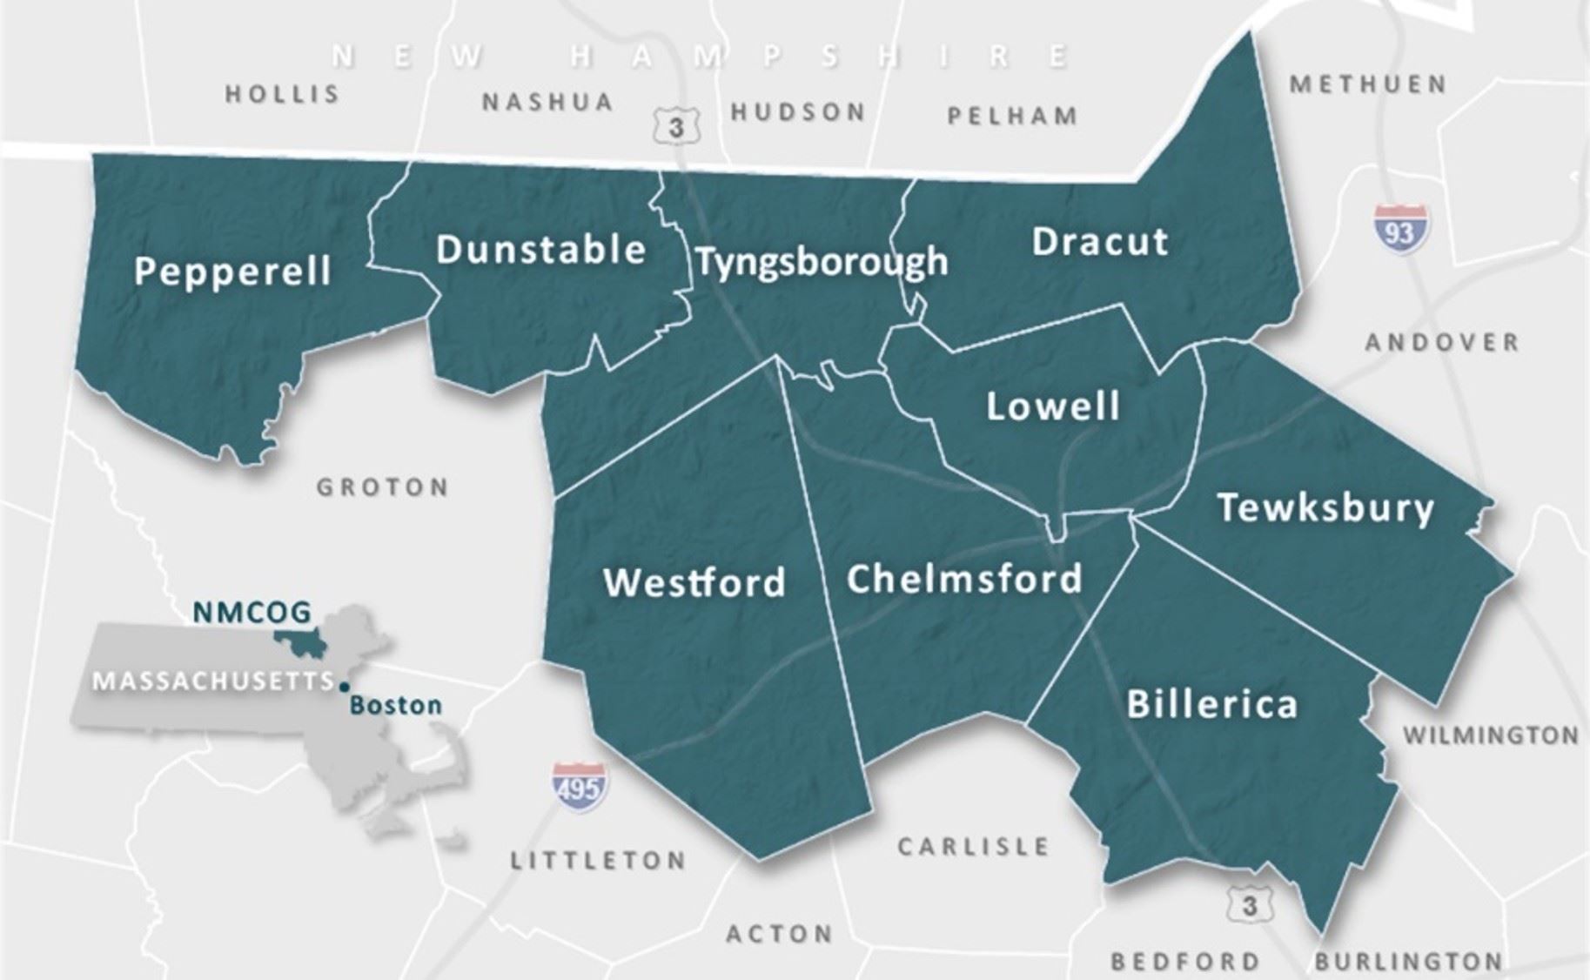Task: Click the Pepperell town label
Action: [x=232, y=271]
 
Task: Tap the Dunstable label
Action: [x=540, y=250]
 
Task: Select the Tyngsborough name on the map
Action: [x=822, y=262]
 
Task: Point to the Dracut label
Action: [x=1099, y=241]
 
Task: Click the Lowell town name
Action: [x=1052, y=406]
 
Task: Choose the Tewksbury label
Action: [x=1325, y=507]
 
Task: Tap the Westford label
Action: [x=694, y=582]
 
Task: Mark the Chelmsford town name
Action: [x=964, y=579]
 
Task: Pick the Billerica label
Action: [x=1211, y=704]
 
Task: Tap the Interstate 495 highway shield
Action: [x=580, y=787]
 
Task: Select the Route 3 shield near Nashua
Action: [x=676, y=126]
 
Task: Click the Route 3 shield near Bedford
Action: [x=1249, y=906]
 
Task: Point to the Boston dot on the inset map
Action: [x=345, y=687]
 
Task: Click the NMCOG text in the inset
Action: [x=252, y=613]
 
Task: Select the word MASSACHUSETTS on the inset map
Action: [x=213, y=681]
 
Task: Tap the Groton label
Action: [x=382, y=487]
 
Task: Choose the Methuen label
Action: [x=1368, y=84]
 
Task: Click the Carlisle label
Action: [x=973, y=846]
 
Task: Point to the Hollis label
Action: [x=282, y=94]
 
